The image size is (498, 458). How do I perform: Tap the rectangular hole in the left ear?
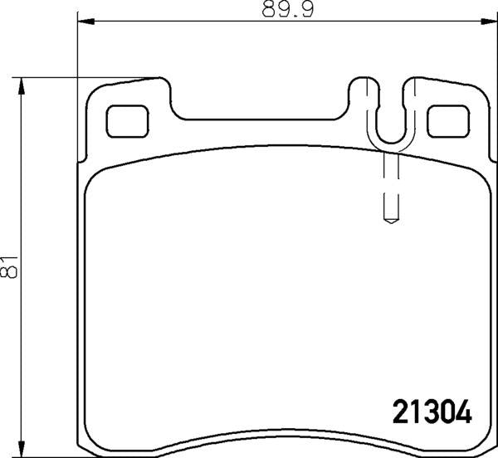[x=126, y=121]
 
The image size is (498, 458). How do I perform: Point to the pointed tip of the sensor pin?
[x=388, y=222]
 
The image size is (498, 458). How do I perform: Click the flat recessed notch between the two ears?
[x=261, y=119]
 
